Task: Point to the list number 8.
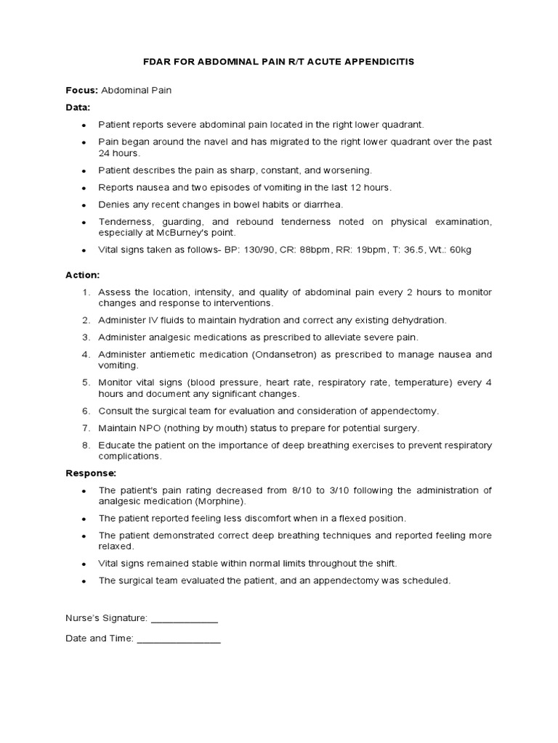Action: (x=86, y=446)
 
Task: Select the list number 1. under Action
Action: (x=86, y=292)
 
